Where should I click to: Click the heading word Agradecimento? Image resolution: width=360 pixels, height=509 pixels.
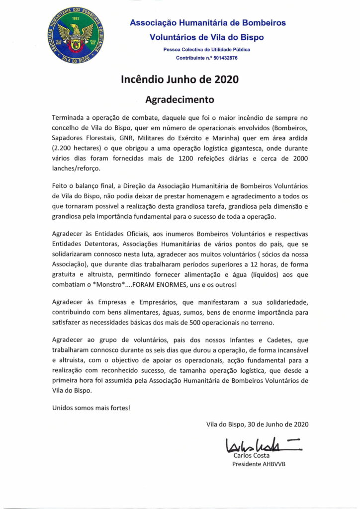[x=179, y=99]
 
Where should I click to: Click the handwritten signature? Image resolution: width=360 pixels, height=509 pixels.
[x=253, y=444]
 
